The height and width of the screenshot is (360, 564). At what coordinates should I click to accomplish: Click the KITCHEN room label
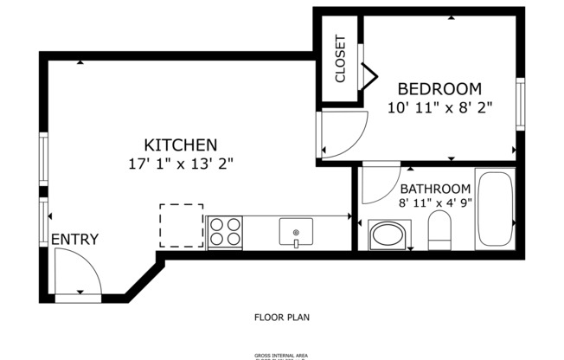[x=180, y=145]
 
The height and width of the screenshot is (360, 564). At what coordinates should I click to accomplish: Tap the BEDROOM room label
[x=439, y=89]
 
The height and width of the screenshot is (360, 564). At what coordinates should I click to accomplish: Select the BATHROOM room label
[x=435, y=189]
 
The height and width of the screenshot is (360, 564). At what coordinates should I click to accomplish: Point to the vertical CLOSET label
[x=340, y=59]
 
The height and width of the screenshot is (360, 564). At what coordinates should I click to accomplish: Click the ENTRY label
[x=74, y=240]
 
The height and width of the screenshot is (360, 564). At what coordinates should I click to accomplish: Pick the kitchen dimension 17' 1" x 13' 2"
[x=180, y=162]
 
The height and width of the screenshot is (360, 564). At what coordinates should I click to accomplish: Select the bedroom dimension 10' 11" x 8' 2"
[x=439, y=107]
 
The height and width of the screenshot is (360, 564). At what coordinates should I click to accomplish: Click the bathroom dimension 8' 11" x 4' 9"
[x=435, y=204]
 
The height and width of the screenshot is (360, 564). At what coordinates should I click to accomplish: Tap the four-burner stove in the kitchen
[x=226, y=232]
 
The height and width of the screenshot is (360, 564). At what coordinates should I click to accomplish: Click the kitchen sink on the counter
[x=296, y=232]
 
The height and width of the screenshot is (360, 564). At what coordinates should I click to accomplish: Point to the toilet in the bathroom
[x=440, y=231]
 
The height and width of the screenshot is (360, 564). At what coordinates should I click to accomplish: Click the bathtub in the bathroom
[x=495, y=210]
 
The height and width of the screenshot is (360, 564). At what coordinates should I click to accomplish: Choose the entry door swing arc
[x=78, y=273]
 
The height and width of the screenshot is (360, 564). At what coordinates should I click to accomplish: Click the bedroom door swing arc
[x=343, y=136]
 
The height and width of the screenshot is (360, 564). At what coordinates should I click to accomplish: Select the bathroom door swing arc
[x=378, y=183]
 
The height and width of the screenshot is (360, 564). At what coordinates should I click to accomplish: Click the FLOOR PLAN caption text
[x=281, y=317]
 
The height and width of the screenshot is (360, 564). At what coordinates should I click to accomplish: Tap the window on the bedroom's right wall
[x=521, y=104]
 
